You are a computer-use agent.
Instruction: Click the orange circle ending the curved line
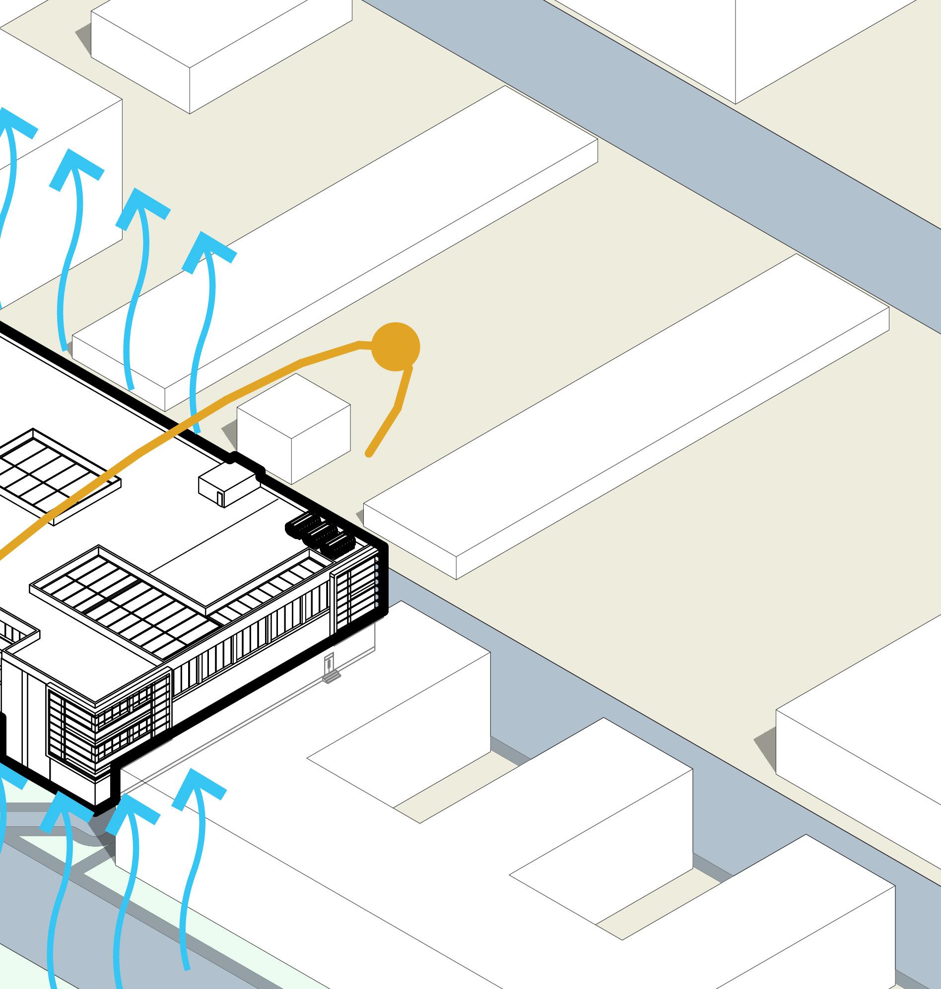[395, 347]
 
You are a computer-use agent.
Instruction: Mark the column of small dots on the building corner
[377, 581]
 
